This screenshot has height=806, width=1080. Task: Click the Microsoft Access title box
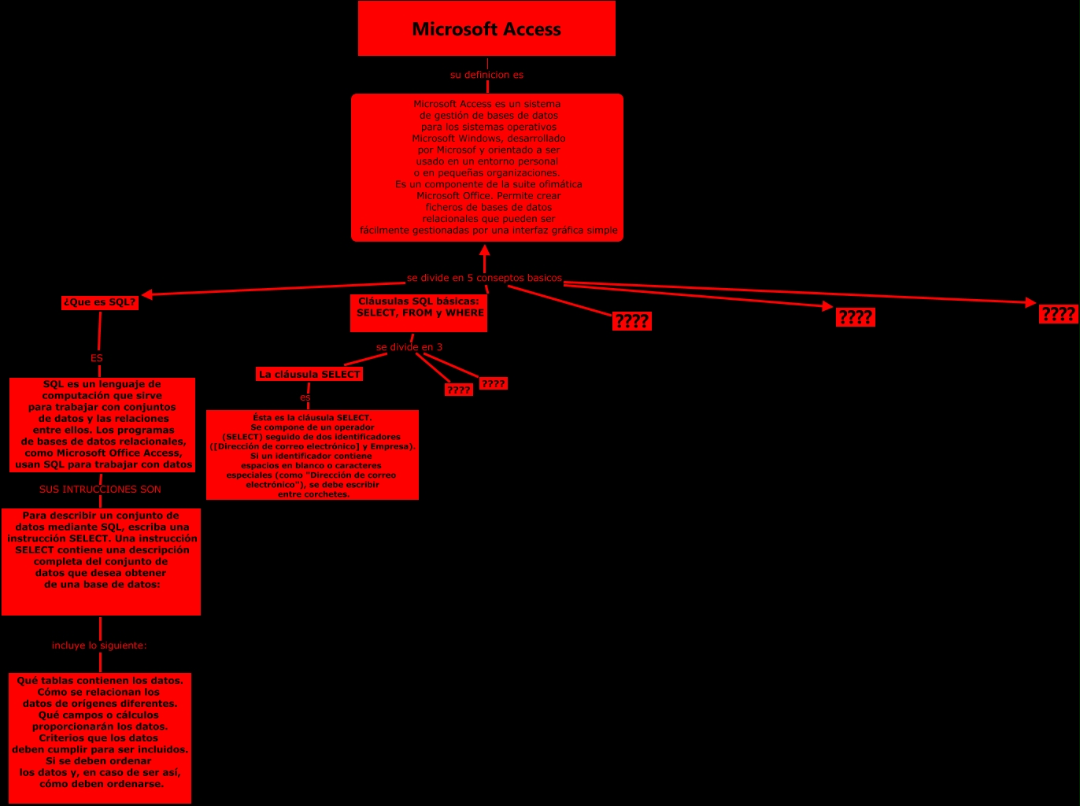[x=486, y=29]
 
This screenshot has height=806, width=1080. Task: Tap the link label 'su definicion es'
[x=486, y=75]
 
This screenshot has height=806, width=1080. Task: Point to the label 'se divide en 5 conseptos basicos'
[x=484, y=278]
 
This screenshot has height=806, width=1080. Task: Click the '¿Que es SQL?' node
[x=99, y=302]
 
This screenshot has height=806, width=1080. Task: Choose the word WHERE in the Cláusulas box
[x=464, y=313]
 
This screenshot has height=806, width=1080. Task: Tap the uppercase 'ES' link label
[x=97, y=358]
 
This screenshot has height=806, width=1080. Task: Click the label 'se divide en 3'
[x=409, y=347]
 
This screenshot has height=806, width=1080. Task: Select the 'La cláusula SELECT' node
[x=309, y=375]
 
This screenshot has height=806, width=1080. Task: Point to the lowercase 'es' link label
[x=305, y=397]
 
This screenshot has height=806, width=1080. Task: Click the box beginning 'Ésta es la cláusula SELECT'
[x=312, y=455]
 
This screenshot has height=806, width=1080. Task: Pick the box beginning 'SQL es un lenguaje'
[x=102, y=425]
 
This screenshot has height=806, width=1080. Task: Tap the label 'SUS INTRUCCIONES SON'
[x=100, y=490]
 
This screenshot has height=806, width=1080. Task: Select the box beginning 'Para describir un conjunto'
[x=101, y=561]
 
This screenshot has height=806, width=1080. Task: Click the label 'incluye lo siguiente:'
[x=99, y=645]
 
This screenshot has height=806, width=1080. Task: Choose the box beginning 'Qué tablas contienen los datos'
[x=100, y=738]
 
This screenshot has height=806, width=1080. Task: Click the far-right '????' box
[x=1058, y=315]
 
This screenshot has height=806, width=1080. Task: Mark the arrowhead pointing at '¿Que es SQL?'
[x=146, y=294]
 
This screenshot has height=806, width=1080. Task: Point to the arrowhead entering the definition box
[x=485, y=249]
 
